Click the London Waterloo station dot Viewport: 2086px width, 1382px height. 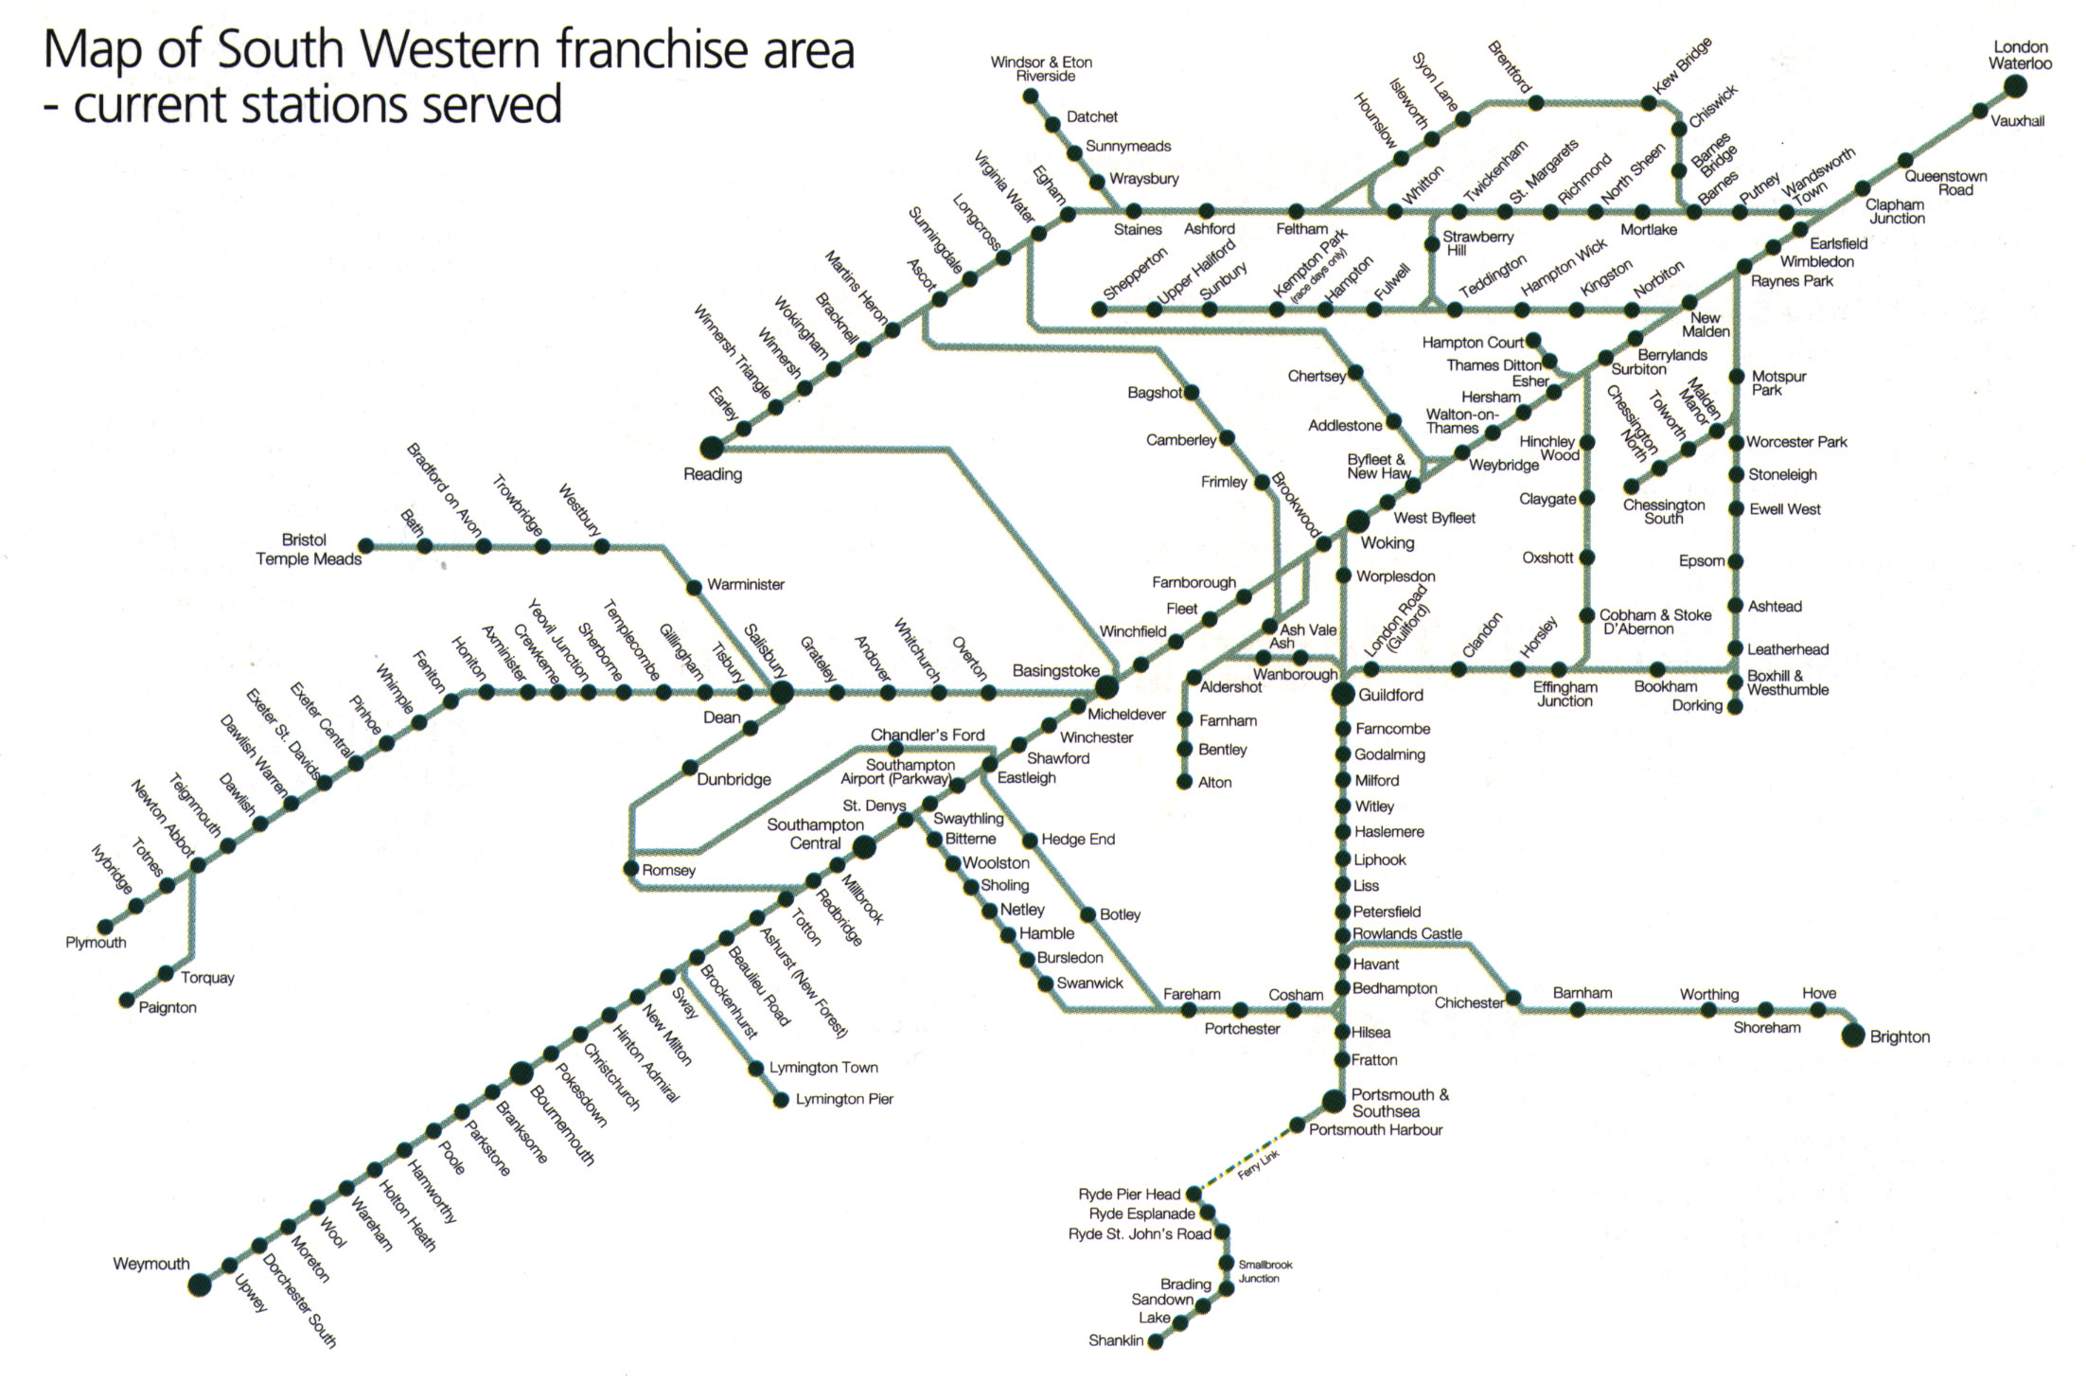[x=2015, y=87]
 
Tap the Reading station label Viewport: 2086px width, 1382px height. [x=713, y=474]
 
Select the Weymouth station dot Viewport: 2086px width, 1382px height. [x=199, y=1285]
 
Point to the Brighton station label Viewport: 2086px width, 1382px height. [x=1899, y=1036]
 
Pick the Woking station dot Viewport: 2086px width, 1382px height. [x=1357, y=520]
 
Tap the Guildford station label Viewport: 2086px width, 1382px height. [x=1390, y=695]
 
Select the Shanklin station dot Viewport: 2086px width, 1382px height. [x=1155, y=1342]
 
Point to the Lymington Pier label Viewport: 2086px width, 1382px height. [x=844, y=1099]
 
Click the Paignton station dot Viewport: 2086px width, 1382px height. [x=127, y=1001]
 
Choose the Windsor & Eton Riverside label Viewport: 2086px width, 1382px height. [x=1041, y=69]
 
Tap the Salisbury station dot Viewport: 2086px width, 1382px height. [x=782, y=693]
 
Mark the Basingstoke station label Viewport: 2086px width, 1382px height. [x=1056, y=671]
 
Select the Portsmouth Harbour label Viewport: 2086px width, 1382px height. [x=1375, y=1129]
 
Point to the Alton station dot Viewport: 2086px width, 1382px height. [x=1184, y=782]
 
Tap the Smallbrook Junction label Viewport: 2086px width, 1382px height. [x=1264, y=1271]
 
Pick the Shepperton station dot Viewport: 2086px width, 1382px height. [x=1099, y=310]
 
